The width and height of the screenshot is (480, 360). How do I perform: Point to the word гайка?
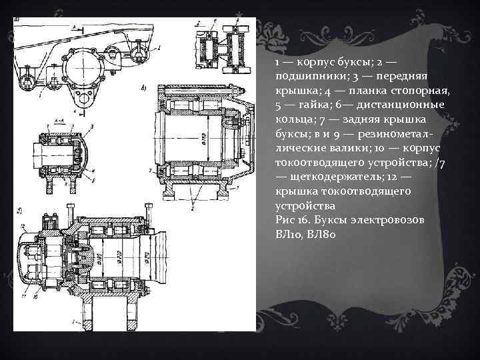(307, 105)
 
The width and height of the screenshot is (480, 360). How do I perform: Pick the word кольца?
(292, 119)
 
